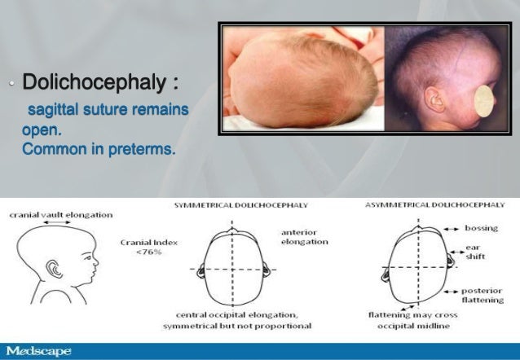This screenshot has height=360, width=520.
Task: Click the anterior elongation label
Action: click(x=304, y=236)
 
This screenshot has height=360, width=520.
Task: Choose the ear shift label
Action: click(x=475, y=251)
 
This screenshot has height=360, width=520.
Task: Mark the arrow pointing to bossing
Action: click(x=451, y=229)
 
